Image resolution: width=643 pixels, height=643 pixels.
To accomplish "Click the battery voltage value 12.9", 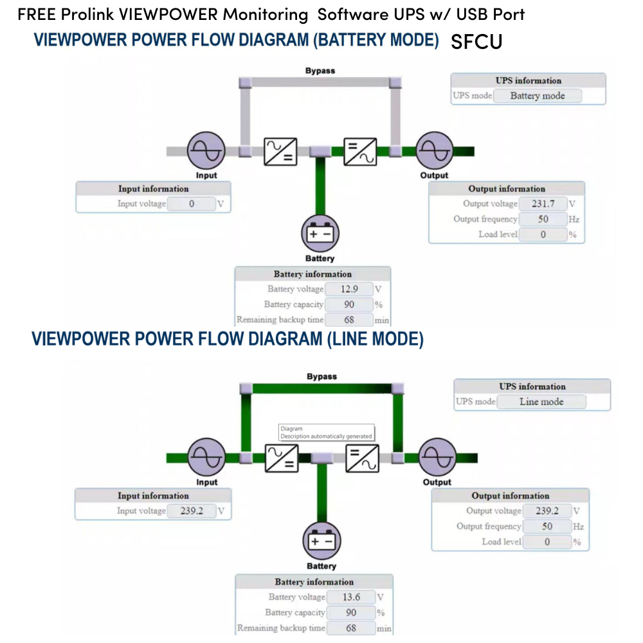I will tap(349, 289).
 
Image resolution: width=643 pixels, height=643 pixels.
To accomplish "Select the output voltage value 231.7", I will tap(543, 204).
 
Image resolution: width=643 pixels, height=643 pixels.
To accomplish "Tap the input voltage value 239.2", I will tap(192, 511).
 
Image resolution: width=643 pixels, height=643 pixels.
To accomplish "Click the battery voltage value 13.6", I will tap(351, 597).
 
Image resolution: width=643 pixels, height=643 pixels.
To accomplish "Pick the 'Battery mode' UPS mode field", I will tap(537, 96).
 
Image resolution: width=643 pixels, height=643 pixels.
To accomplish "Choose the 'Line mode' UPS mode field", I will tap(541, 402).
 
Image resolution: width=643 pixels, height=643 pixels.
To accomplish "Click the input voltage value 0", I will tap(191, 204).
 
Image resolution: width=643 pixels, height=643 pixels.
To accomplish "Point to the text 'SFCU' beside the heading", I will tap(476, 42).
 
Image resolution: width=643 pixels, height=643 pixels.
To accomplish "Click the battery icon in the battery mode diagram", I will tap(320, 233).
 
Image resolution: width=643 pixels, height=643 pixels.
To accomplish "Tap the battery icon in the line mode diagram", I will tap(321, 541).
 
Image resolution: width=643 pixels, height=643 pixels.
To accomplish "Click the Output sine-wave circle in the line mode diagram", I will tap(437, 458).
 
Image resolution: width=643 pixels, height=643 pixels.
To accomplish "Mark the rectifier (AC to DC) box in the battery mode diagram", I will tap(280, 151).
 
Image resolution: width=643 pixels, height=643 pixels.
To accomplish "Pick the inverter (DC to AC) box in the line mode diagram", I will tap(362, 458).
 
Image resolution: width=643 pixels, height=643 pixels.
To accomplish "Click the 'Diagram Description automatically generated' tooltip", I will tap(326, 432).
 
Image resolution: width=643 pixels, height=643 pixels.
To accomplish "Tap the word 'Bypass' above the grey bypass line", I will tap(320, 71).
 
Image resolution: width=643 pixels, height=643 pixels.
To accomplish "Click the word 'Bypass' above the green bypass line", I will tap(321, 377).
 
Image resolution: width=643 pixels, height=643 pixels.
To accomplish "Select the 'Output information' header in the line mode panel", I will tap(510, 496).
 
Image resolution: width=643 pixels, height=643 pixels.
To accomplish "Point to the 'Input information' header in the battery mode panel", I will tap(153, 189).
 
